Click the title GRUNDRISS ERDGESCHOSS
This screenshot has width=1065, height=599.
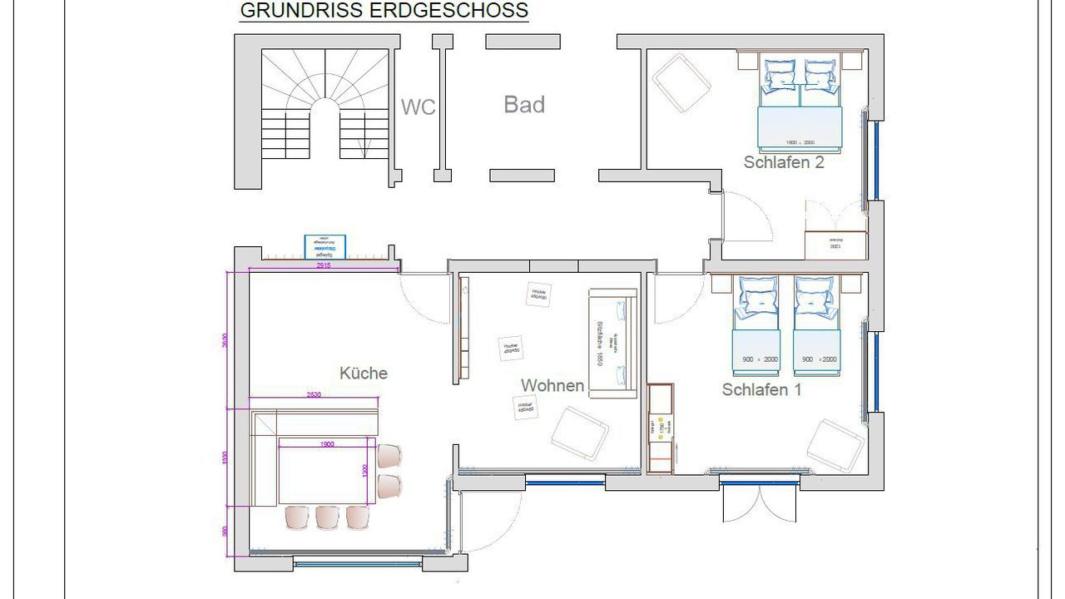(384, 11)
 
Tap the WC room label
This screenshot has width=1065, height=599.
(419, 107)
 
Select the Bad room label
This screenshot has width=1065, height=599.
(524, 105)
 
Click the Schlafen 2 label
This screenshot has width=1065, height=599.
(784, 162)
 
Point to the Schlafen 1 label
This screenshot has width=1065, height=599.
(761, 389)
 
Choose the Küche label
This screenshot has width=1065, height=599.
(364, 373)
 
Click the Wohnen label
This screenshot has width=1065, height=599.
(552, 386)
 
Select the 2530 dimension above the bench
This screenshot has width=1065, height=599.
(315, 394)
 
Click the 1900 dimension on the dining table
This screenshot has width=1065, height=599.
(326, 444)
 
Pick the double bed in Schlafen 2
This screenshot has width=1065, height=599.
(800, 106)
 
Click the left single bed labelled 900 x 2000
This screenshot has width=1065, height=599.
(755, 326)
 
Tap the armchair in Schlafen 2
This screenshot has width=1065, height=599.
(681, 83)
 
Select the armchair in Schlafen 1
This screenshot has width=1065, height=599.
(835, 446)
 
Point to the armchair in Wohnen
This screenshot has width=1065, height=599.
(580, 432)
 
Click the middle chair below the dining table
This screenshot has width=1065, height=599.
(328, 517)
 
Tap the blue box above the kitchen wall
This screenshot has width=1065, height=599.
(325, 246)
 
